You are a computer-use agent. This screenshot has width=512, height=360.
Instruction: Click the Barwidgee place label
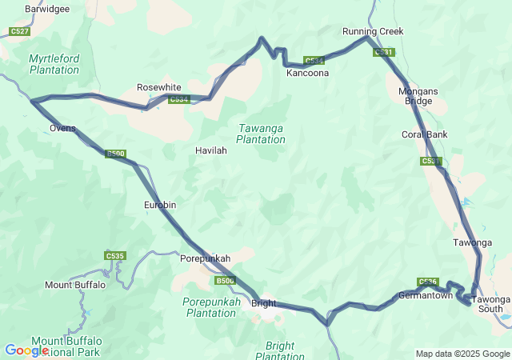click(x=47, y=9)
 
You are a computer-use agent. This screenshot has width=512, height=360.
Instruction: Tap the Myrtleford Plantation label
click(x=54, y=64)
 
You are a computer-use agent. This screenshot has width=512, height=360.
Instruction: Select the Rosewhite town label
click(x=158, y=87)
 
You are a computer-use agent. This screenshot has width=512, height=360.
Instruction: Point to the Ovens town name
click(x=62, y=128)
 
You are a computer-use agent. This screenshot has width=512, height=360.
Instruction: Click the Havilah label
click(x=211, y=150)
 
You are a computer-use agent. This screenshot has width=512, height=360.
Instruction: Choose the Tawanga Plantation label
click(x=261, y=134)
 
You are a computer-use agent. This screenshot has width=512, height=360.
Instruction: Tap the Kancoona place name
click(x=308, y=73)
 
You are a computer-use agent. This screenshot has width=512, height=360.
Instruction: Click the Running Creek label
click(x=373, y=31)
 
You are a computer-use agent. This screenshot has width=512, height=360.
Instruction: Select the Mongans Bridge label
click(x=418, y=96)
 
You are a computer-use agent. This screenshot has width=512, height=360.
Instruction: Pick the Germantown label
click(x=426, y=295)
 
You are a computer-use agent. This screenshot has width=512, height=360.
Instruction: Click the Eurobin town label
click(x=159, y=205)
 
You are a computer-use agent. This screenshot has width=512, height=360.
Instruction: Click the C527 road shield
click(x=20, y=31)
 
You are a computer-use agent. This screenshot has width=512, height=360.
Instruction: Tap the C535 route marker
click(x=114, y=256)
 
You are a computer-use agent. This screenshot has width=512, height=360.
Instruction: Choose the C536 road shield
click(x=427, y=282)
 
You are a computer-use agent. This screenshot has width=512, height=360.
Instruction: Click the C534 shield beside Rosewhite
click(x=178, y=99)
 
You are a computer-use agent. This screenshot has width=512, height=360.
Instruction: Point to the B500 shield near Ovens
click(x=116, y=154)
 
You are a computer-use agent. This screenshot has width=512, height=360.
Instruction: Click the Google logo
click(x=26, y=350)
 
